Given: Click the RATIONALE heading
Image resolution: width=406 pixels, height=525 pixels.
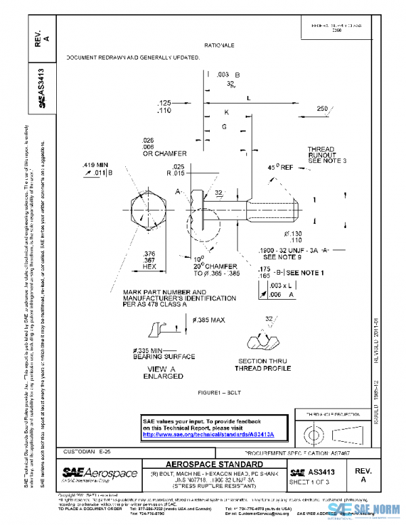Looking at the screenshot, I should tap(219, 45).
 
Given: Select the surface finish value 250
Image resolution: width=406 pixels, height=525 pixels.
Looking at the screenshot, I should tap(322, 109).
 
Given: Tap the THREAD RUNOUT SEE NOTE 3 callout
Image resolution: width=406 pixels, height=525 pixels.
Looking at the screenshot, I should tap(325, 154).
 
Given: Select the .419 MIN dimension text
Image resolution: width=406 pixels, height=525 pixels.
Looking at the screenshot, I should tap(96, 164).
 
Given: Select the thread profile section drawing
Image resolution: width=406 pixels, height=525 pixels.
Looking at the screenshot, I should tap(265, 338).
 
